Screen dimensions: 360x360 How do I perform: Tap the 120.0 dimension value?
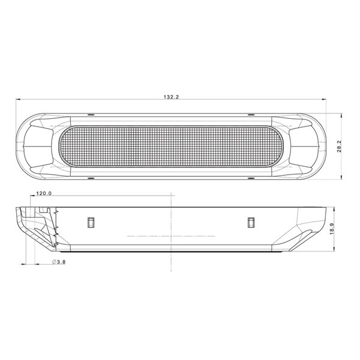coord(44,194)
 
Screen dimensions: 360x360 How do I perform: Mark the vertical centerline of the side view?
coord(172,228)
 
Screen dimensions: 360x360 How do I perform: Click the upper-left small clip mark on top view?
coord(90,114)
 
